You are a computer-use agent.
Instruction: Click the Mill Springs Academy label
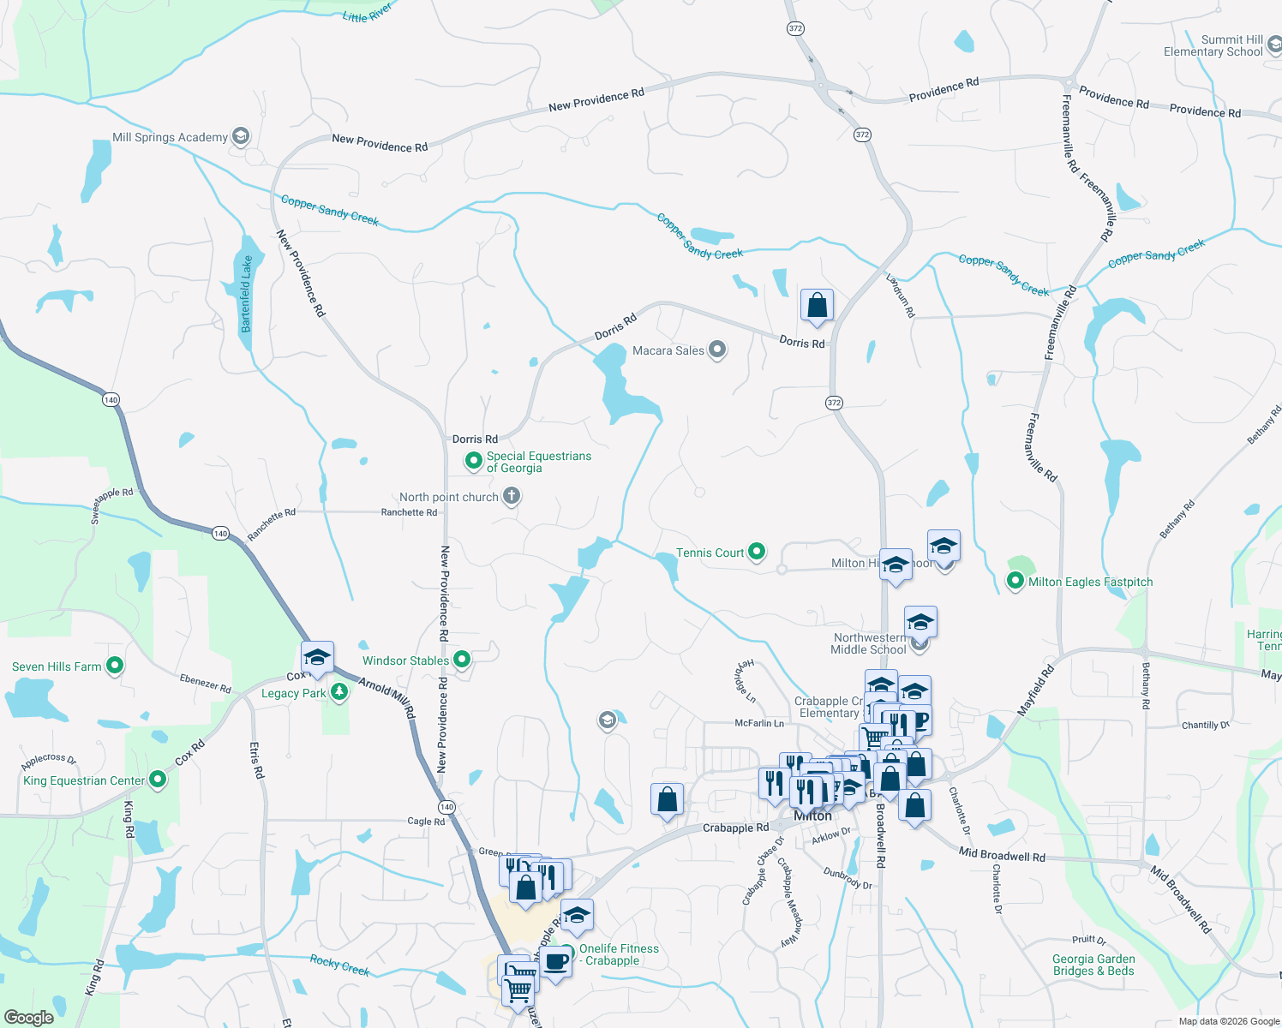[170, 137]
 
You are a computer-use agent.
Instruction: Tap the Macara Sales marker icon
[717, 350]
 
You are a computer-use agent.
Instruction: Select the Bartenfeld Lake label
[247, 294]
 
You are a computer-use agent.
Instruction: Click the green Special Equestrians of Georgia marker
[473, 462]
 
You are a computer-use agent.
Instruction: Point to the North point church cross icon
[511, 496]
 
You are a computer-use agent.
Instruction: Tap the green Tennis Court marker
[757, 552]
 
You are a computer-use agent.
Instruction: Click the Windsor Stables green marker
[462, 660]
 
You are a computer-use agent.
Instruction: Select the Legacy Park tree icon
[339, 692]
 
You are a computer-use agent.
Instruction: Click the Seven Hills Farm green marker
[114, 666]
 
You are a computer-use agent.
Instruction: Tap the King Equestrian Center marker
[158, 780]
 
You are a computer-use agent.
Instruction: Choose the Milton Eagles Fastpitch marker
[1015, 582]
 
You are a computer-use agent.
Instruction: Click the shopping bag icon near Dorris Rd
[817, 305]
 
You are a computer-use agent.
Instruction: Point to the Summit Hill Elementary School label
[1213, 45]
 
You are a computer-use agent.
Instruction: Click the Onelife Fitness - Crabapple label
[619, 954]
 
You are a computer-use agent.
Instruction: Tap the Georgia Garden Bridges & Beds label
[1093, 965]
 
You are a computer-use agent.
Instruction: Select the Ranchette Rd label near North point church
[409, 512]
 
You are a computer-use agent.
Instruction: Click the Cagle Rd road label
[426, 821]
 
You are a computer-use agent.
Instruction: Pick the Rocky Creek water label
[339, 965]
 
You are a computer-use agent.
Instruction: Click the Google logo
[28, 1017]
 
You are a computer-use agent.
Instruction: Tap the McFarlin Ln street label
[759, 723]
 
